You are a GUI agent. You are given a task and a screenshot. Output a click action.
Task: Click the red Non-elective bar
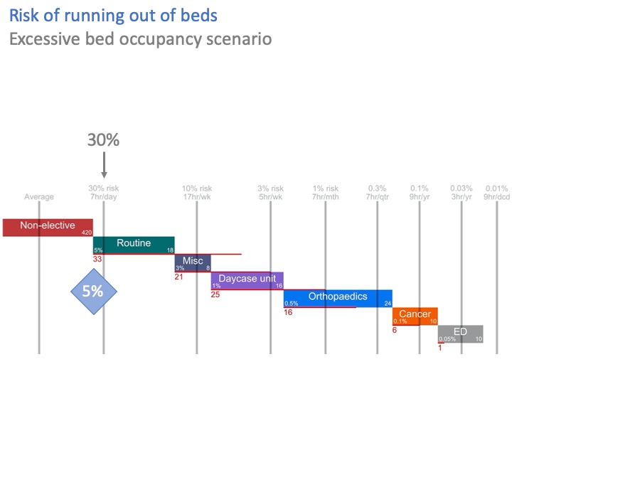(x=48, y=227)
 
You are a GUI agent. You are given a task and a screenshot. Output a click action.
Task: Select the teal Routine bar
(x=134, y=245)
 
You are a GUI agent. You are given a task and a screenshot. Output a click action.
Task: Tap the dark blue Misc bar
(x=193, y=262)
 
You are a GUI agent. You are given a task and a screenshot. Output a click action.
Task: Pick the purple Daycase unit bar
(x=247, y=280)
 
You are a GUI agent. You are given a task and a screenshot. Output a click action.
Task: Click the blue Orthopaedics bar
(x=338, y=298)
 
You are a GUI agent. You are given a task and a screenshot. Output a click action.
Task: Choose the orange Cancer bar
(x=415, y=316)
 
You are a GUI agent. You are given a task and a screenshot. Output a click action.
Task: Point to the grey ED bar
(x=460, y=334)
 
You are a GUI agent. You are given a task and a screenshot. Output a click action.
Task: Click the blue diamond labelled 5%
(x=93, y=291)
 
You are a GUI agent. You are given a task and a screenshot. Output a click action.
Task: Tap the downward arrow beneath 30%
(x=104, y=165)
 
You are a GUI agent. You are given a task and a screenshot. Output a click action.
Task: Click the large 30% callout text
(x=103, y=140)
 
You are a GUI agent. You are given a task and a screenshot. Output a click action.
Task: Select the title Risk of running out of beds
(x=113, y=16)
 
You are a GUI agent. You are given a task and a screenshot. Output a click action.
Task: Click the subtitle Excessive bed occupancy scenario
(x=140, y=38)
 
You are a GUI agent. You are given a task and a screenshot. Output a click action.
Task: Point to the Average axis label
(x=39, y=197)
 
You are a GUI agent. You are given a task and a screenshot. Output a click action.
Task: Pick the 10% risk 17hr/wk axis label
(x=197, y=193)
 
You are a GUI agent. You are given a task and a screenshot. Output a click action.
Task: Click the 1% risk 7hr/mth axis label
(x=326, y=193)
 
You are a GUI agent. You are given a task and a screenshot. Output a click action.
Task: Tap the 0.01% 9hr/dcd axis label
(x=496, y=193)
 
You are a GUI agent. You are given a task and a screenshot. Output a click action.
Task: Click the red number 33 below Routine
(x=97, y=259)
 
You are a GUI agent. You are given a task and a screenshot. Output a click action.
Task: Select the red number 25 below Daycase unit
(x=215, y=294)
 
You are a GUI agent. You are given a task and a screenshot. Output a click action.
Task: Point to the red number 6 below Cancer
(x=395, y=330)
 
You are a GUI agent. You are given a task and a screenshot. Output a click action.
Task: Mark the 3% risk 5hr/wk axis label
(x=270, y=193)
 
